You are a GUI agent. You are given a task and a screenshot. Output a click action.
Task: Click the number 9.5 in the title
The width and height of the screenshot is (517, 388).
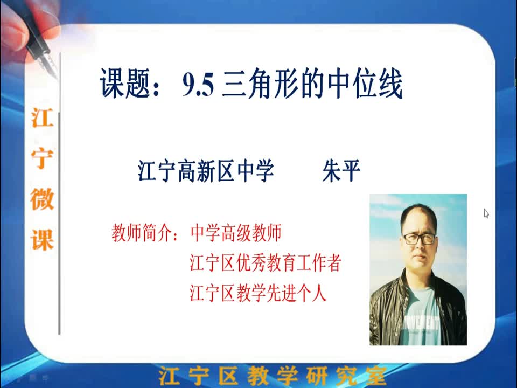click(x=198, y=85)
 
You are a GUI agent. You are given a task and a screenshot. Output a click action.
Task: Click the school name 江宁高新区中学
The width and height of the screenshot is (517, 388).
click(x=205, y=171)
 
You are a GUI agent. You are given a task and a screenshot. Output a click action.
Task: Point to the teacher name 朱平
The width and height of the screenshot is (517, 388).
click(x=341, y=171)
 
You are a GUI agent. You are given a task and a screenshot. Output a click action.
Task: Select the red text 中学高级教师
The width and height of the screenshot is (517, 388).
click(x=236, y=233)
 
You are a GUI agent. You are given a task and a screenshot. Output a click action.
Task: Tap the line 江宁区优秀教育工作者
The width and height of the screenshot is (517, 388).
click(x=266, y=263)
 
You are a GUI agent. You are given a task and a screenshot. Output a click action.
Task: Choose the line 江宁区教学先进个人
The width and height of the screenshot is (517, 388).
click(x=258, y=293)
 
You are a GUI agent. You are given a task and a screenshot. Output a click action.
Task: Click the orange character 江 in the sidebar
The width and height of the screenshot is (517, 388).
click(x=42, y=118)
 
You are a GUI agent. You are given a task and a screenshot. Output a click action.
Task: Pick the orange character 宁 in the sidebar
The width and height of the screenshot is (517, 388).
click(x=42, y=158)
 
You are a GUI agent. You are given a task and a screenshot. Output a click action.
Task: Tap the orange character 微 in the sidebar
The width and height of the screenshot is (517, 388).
click(x=42, y=199)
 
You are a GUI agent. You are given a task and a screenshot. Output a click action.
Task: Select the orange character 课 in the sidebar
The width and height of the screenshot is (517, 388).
click(x=42, y=240)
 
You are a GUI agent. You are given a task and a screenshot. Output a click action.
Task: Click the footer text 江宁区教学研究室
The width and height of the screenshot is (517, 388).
click(x=273, y=375)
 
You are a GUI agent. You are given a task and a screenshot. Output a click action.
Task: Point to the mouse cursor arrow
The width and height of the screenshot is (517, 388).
click(x=486, y=213)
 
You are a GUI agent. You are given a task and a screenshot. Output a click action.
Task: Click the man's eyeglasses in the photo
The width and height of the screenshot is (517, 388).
click(x=420, y=238)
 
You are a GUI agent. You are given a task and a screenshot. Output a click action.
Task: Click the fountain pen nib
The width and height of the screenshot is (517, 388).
click(x=50, y=64)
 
